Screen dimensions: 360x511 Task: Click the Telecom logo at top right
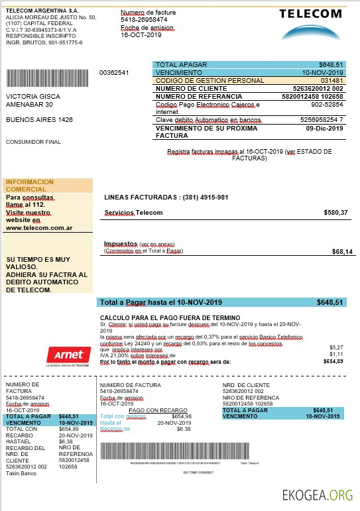pyautogui.click(x=310, y=25)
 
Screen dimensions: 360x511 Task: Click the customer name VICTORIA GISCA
pyautogui.click(x=30, y=95)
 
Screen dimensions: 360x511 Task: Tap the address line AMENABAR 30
pyautogui.click(x=29, y=104)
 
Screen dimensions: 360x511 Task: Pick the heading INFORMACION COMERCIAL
pyautogui.click(x=30, y=185)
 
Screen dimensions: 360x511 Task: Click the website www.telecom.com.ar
pyautogui.click(x=39, y=227)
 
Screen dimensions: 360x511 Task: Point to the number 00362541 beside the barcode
pyautogui.click(x=114, y=72)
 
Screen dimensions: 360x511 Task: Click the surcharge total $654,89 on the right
pyautogui.click(x=333, y=361)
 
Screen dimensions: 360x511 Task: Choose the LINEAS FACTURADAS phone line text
pyautogui.click(x=166, y=198)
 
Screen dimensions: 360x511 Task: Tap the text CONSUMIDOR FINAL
pyautogui.click(x=33, y=142)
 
